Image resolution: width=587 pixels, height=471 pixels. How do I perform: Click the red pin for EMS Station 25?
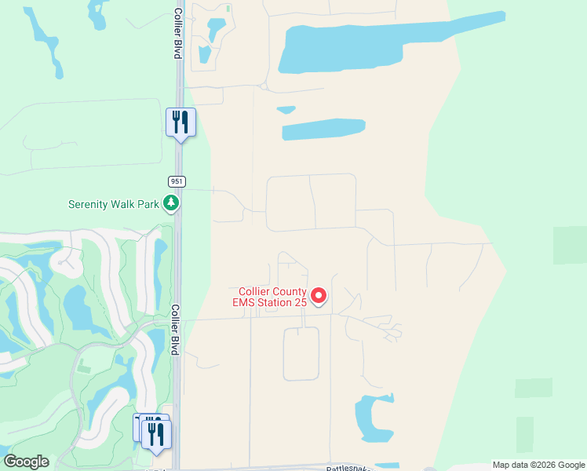point(319,295)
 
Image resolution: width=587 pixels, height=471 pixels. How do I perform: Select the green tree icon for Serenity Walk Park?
point(171,204)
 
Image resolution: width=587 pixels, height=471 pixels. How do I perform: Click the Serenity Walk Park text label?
point(113,204)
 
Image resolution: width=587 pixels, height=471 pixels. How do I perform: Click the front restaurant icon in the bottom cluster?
point(156,433)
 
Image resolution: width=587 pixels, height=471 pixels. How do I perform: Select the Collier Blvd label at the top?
point(178,33)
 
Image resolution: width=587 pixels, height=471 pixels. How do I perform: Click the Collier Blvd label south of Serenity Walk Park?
point(176,330)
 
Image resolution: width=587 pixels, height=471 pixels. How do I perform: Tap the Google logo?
point(26,462)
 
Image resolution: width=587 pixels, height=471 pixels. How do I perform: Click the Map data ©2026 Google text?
point(538,465)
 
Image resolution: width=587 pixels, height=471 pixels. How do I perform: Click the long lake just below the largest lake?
point(323,129)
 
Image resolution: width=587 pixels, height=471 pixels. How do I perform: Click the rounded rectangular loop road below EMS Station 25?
point(301,353)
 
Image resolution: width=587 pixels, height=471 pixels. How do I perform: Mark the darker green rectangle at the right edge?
point(570,245)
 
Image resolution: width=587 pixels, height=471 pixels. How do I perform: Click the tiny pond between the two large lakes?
point(287,111)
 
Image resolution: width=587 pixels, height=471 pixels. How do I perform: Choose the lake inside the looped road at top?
point(213,30)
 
